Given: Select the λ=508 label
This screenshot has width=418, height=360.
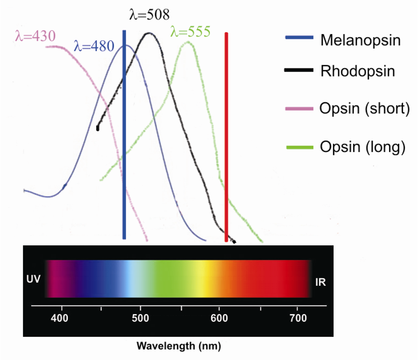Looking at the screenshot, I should [x=150, y=15].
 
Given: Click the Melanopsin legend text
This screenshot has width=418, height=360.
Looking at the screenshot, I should [x=360, y=40].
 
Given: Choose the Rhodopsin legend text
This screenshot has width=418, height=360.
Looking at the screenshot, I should [x=357, y=71].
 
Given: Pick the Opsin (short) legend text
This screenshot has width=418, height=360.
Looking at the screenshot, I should [x=364, y=109].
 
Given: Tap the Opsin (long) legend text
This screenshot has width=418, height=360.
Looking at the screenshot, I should [x=362, y=147].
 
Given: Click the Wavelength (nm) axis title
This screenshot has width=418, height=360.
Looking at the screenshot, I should [x=179, y=347].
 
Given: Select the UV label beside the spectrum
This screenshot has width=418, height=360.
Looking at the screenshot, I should [x=33, y=279].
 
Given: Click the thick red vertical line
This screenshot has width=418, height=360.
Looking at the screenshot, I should [x=226, y=136].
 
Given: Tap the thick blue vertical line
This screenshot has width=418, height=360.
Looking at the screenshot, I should [x=124, y=136].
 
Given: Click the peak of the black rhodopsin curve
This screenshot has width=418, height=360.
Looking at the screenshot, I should [x=149, y=34].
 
